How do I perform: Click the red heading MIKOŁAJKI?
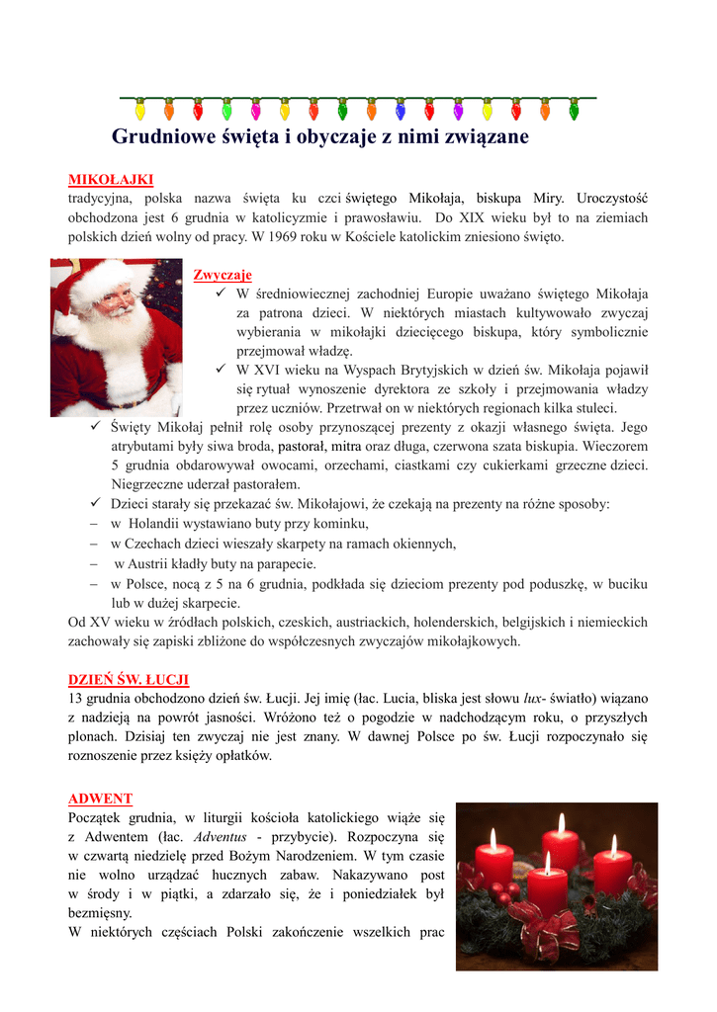pyautogui.click(x=110, y=179)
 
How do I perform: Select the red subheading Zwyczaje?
pyautogui.click(x=223, y=274)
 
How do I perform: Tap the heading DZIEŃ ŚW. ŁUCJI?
pyautogui.click(x=129, y=679)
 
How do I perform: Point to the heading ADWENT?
pyautogui.click(x=100, y=798)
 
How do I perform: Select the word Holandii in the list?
pyautogui.click(x=151, y=523)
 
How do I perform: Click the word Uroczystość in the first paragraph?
pyautogui.click(x=612, y=198)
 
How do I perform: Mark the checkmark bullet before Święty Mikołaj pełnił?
pyautogui.click(x=84, y=426)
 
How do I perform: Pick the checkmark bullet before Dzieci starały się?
pyautogui.click(x=84, y=503)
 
